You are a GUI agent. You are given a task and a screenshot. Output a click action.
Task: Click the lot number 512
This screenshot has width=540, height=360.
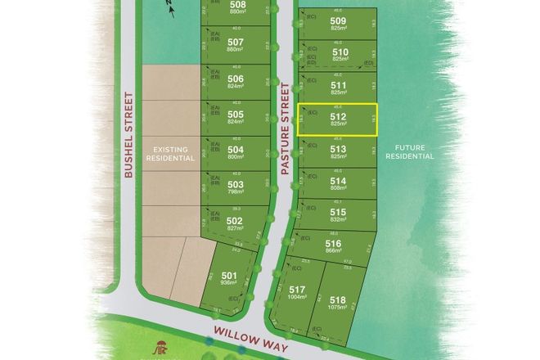coord(338,116)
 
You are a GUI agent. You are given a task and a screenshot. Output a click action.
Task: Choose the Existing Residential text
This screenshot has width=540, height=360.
coord(173,154)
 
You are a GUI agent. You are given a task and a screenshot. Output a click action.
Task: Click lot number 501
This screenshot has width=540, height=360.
coord(229,275)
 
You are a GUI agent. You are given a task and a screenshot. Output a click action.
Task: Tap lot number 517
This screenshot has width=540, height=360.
coord(297,290)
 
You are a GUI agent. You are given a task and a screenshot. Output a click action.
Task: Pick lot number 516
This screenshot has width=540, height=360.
coord(333,244)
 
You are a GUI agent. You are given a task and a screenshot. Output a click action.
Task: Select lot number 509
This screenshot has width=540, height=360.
coord(338,20)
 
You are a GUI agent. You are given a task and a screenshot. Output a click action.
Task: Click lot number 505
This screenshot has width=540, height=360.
coord(235,115)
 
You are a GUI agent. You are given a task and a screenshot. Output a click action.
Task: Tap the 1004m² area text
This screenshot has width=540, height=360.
coord(297,299)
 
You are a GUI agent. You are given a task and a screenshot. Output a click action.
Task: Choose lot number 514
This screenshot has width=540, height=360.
coord(338,181)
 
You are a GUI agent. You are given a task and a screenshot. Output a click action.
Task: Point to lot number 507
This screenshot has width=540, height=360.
coord(235,42)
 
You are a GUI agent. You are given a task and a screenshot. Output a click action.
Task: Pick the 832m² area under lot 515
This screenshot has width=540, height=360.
coord(338,219)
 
